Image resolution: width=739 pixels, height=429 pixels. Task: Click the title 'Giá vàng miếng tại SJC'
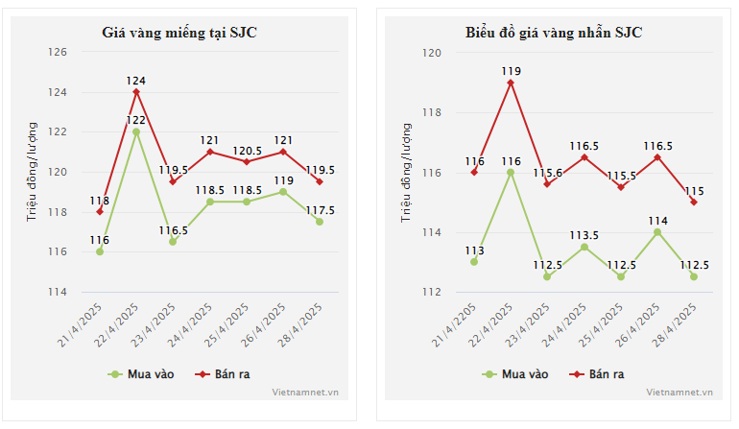(x=179, y=33)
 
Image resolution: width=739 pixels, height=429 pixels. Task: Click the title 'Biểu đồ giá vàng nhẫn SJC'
(x=554, y=33)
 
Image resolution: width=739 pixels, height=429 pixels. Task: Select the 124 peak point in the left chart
(x=136, y=91)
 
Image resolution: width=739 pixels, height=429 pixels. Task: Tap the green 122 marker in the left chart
(x=136, y=131)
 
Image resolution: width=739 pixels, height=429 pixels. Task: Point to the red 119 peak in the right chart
(x=511, y=83)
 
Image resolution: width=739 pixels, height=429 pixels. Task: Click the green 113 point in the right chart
(x=474, y=261)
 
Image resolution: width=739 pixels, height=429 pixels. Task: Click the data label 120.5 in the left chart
(x=247, y=151)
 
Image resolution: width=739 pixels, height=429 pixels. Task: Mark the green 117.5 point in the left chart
(x=320, y=222)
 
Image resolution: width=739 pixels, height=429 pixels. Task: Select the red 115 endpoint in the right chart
(x=694, y=202)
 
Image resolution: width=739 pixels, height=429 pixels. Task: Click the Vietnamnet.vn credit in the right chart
(x=679, y=392)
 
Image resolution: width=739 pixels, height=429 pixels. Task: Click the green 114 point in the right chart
(x=657, y=231)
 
